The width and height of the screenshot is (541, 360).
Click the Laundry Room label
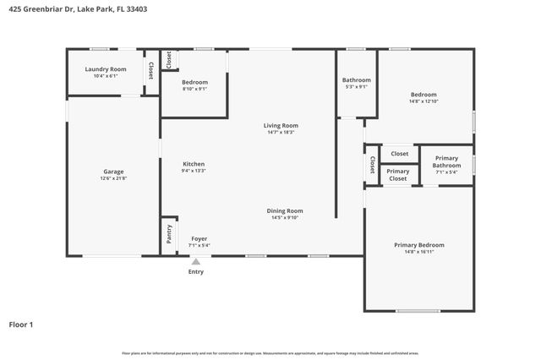pos(106,69)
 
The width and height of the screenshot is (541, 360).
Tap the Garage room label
pos(113,172)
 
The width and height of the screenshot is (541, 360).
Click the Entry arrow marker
pos(195,262)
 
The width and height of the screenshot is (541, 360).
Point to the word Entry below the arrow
pos(195,271)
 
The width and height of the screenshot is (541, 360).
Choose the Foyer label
pos(199,238)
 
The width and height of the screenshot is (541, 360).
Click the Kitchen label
pos(194,164)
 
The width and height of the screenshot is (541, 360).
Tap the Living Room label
pos(282,125)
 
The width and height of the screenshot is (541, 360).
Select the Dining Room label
pos(285,210)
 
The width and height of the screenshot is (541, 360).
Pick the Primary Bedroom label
pos(418,245)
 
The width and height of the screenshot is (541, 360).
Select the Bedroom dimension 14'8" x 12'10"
pos(424,101)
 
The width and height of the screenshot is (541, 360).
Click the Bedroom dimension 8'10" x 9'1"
pos(194,89)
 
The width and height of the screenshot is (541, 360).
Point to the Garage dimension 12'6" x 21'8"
pos(113,178)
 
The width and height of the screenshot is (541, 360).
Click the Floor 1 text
pos(21,324)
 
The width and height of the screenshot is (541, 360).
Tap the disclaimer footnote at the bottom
pos(270,353)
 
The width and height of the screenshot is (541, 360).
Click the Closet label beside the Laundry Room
pos(150,71)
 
